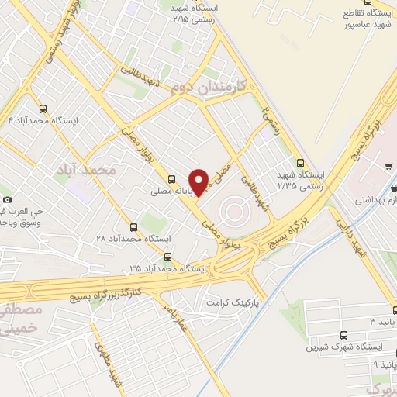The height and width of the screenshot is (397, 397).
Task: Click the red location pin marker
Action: tap(198, 181)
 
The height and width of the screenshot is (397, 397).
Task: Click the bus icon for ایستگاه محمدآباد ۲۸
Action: tap(134, 227)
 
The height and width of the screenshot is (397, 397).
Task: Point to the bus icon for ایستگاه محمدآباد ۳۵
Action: tap(167, 257)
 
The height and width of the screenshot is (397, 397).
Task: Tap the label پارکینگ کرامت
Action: tap(232, 298)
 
